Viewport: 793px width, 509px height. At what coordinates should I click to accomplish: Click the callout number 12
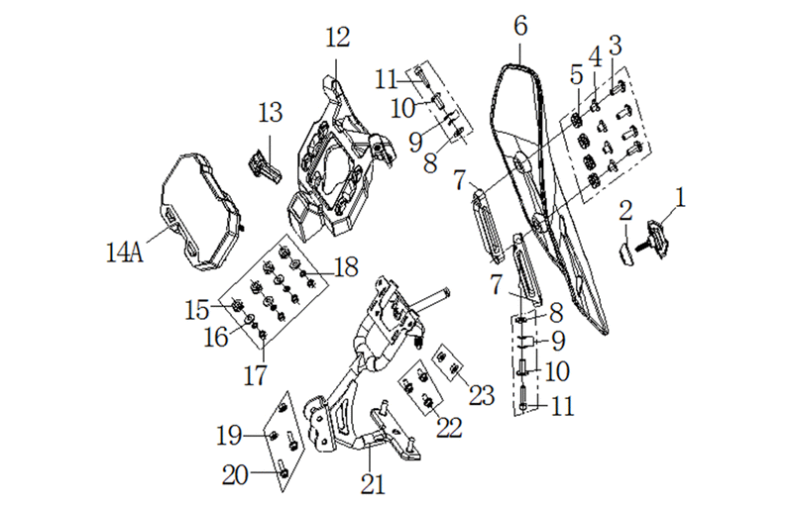pyautogui.click(x=337, y=38)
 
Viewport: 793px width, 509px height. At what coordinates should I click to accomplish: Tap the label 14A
pyautogui.click(x=125, y=253)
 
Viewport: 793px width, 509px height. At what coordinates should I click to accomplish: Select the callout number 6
pyautogui.click(x=520, y=26)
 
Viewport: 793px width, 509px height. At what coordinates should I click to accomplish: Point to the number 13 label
pyautogui.click(x=270, y=112)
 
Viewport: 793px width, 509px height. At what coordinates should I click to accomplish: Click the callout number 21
pyautogui.click(x=373, y=484)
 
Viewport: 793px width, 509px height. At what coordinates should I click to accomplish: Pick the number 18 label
pyautogui.click(x=346, y=267)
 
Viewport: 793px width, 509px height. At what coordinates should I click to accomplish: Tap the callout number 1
pyautogui.click(x=681, y=197)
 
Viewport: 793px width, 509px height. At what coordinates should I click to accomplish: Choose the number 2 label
pyautogui.click(x=625, y=210)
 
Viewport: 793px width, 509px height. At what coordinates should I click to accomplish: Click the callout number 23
pyautogui.click(x=482, y=395)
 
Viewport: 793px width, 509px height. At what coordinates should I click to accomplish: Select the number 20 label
pyautogui.click(x=235, y=475)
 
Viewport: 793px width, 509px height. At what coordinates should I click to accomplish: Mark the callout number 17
pyautogui.click(x=255, y=375)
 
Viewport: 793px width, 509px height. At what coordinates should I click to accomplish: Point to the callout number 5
pyautogui.click(x=577, y=75)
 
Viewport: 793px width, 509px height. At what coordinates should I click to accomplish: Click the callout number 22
pyautogui.click(x=449, y=428)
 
